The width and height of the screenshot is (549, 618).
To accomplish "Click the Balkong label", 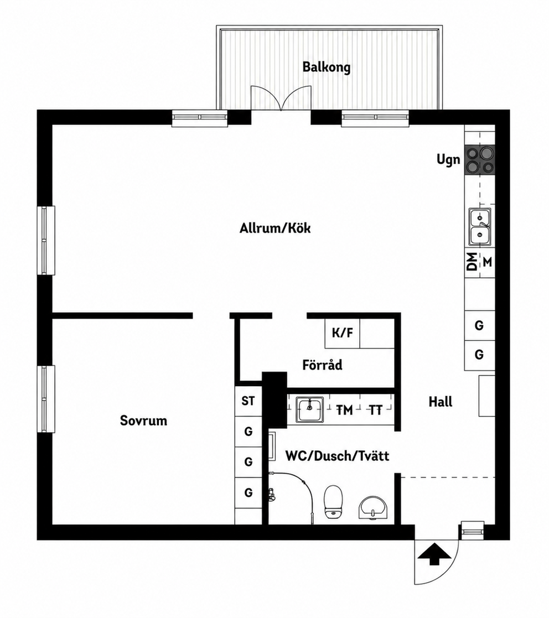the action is click(327, 67).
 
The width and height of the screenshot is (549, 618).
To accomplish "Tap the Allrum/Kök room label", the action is click(275, 228).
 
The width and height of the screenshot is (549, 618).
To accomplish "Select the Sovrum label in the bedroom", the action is click(143, 420).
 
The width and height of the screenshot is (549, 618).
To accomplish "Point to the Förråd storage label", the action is click(322, 365).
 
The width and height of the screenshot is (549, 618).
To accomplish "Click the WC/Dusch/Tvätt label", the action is click(337, 456).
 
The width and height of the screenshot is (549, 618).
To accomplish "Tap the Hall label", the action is click(440, 402).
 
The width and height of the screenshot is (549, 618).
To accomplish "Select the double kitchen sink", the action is click(480, 227).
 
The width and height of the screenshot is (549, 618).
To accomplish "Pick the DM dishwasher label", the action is click(472, 261).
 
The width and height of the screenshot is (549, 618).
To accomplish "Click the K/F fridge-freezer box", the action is click(342, 333).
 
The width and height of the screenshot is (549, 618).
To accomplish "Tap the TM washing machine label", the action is click(344, 411).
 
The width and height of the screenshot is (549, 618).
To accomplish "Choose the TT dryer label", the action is click(376, 411).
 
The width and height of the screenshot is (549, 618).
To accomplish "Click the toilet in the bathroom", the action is click(333, 502).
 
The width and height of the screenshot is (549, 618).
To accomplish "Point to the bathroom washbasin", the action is click(373, 508).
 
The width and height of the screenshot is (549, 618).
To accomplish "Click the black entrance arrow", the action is click(434, 554).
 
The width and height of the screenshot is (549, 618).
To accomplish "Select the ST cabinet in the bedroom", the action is click(248, 401).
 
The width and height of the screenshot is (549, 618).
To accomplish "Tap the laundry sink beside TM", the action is click(310, 409).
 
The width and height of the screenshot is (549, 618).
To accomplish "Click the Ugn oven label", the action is click(448, 160).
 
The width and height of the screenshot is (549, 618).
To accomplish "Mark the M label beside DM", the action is click(488, 262).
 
